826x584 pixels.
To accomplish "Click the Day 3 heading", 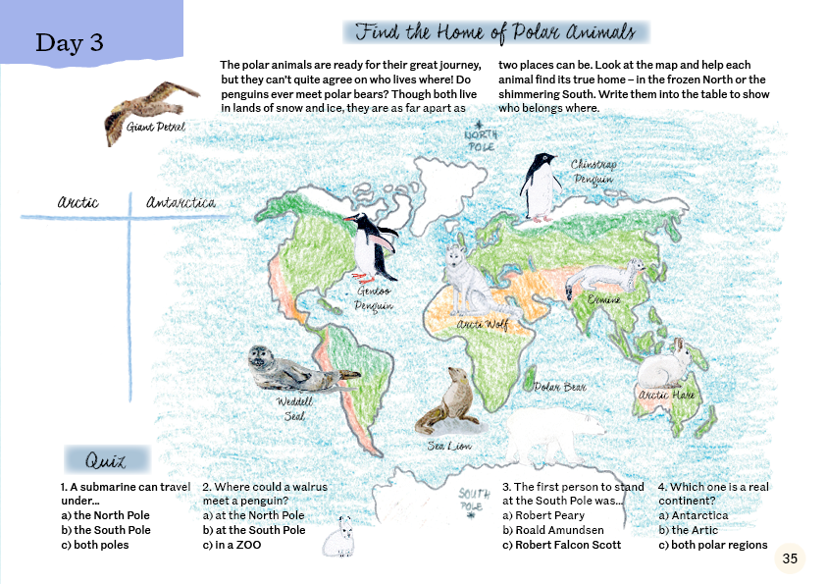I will click(69, 43).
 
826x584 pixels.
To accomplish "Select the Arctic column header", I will click(77, 203).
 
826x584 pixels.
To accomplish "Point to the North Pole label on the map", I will click(481, 139).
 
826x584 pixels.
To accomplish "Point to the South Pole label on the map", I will click(475, 501).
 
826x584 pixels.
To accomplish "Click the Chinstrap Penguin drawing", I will click(539, 186).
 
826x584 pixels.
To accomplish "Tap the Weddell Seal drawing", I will click(288, 370).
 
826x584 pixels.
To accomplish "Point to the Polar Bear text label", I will click(560, 388).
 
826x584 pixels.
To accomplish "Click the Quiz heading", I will click(107, 459).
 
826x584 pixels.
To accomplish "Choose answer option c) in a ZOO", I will click(232, 545).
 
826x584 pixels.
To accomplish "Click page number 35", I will click(790, 558).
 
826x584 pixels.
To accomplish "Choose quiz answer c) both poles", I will click(95, 545).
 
